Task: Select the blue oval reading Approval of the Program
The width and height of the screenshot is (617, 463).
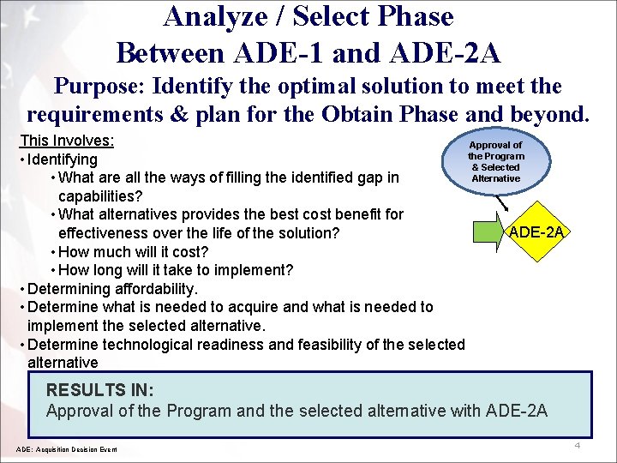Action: pos(495,162)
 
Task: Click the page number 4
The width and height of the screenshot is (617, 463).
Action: pos(578,446)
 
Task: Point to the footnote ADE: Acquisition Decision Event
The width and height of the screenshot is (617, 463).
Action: pos(67,449)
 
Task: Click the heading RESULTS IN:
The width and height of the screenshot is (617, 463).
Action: pos(100,390)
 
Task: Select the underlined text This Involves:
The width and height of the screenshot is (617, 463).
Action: pos(67,141)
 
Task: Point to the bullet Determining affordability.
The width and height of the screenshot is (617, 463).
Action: pos(112,289)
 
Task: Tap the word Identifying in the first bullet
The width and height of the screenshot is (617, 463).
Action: pos(63,159)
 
